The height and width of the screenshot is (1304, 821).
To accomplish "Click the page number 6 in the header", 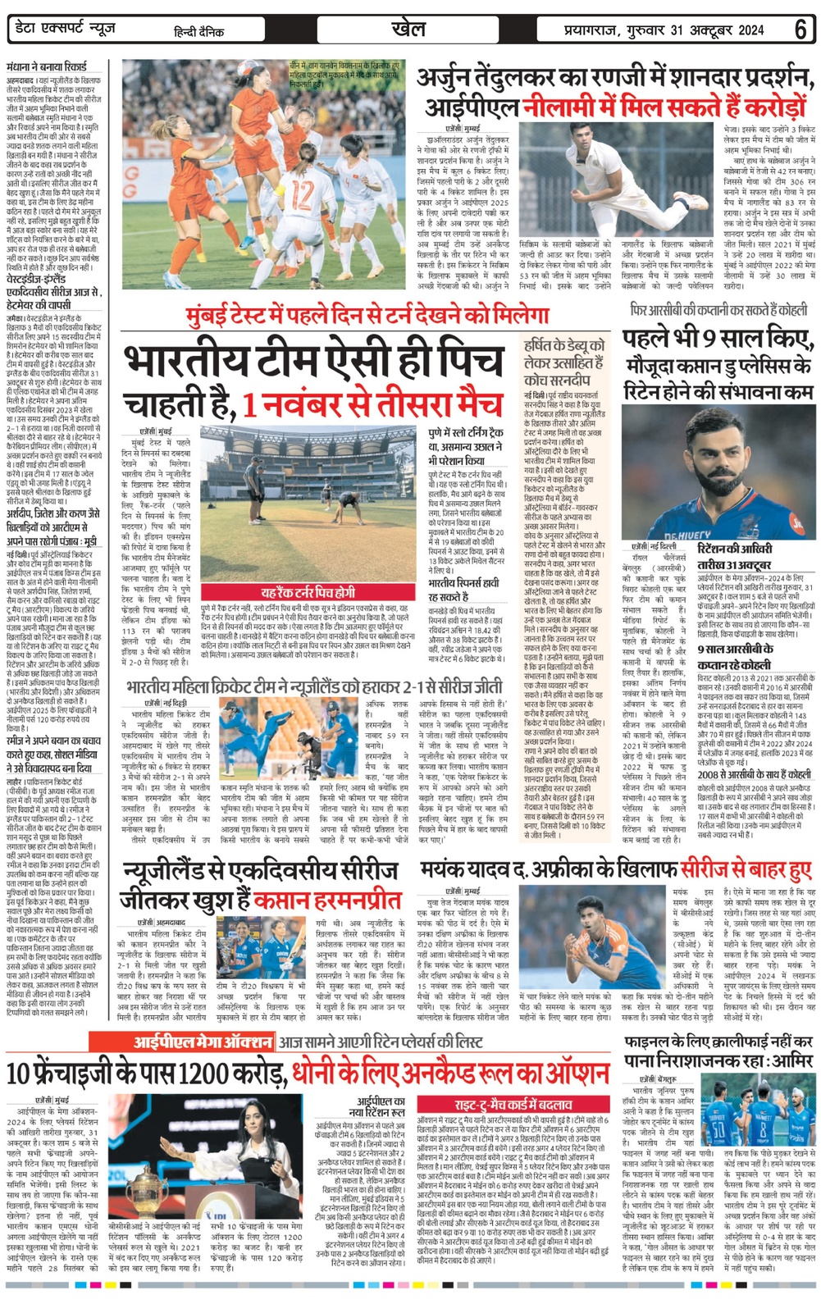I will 800,30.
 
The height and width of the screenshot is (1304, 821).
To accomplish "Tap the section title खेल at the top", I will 408,29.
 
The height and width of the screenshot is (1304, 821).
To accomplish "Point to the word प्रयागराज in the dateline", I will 591,30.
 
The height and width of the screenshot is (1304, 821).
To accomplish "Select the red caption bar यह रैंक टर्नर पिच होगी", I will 308,592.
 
